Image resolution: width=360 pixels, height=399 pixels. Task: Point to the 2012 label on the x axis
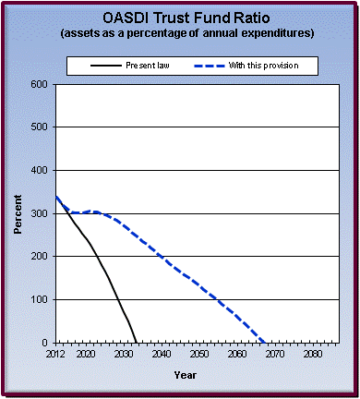[x=56, y=354]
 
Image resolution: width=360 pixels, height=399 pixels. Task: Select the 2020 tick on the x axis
[x=87, y=354]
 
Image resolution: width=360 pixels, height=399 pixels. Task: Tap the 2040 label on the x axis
[x=162, y=354]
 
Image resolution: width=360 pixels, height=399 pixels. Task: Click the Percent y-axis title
[x=18, y=213]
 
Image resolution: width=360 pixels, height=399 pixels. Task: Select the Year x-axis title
[x=185, y=375]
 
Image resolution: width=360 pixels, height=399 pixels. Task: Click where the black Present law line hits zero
[x=136, y=343]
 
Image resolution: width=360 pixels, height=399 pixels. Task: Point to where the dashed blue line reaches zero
[x=264, y=343]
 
